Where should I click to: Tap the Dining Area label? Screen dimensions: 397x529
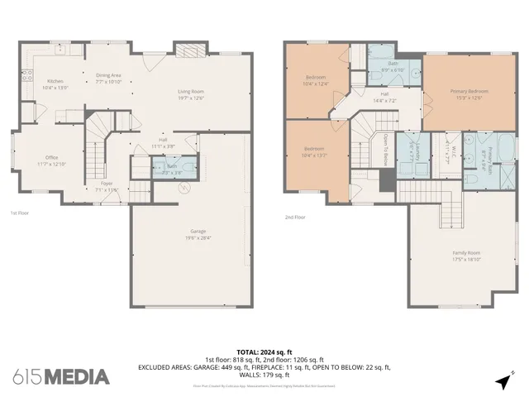pyautogui.click(x=108, y=79)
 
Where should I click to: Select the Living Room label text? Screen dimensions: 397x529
pyautogui.click(x=191, y=94)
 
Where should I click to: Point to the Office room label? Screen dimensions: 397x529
pyautogui.click(x=51, y=160)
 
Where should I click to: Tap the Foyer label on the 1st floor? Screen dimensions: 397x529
pyautogui.click(x=107, y=187)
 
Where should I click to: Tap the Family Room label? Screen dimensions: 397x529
pyautogui.click(x=467, y=256)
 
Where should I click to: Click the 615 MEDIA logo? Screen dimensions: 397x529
pyautogui.click(x=61, y=376)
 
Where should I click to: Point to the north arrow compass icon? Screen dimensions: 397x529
pyautogui.click(x=503, y=381)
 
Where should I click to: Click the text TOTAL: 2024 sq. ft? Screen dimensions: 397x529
pyautogui.click(x=264, y=352)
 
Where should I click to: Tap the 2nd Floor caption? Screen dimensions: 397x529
pyautogui.click(x=295, y=218)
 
